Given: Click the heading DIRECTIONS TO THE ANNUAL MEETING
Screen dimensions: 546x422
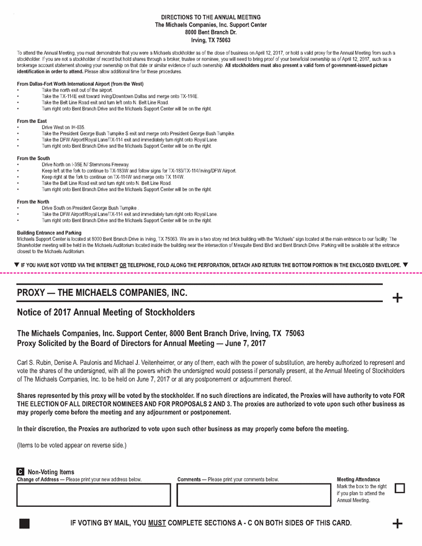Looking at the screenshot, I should point(210,17).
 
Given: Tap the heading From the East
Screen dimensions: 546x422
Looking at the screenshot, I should point(32,121).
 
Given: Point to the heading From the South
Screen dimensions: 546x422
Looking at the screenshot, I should point(34,158).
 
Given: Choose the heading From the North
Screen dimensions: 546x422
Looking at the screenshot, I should point(33,202).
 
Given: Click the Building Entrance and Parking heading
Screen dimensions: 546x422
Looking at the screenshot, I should point(49,233).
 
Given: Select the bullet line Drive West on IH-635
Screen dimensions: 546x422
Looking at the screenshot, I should point(63,127).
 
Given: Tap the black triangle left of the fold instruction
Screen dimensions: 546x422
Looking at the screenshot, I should point(16,265).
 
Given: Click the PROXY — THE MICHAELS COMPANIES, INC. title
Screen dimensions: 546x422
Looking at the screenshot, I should point(102,293).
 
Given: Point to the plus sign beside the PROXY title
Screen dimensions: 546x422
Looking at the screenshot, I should point(397,298).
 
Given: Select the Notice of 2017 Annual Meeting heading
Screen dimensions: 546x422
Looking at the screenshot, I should point(105,312).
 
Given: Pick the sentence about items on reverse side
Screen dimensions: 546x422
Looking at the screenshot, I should point(71,445).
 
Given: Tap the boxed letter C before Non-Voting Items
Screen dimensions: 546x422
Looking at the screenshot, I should point(20,472).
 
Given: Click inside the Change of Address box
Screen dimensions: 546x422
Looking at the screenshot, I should point(93,495).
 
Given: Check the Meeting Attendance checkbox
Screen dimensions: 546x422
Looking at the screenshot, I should point(400,488).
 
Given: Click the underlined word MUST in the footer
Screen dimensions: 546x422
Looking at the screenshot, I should point(157,523).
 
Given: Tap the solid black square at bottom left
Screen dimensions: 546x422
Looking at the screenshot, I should point(24,524).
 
